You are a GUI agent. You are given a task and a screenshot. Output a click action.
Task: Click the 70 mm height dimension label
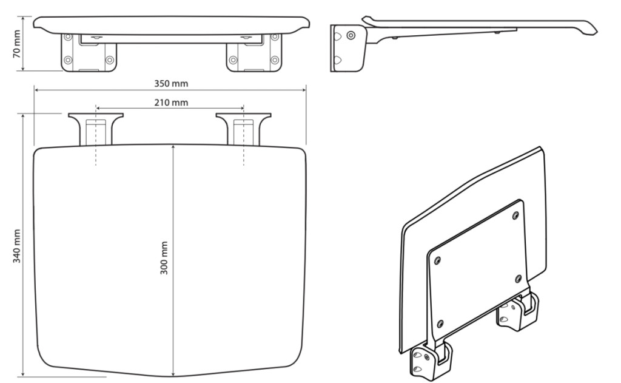click(x=16, y=44)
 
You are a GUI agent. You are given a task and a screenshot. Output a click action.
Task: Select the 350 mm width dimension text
click(x=171, y=84)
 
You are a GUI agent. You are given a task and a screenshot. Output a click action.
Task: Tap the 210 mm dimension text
click(x=171, y=103)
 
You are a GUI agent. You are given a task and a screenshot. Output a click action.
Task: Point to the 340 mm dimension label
click(x=16, y=246)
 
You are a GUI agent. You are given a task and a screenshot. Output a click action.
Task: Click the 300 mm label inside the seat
click(x=164, y=258)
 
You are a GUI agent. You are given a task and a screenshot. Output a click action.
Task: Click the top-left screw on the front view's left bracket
click(x=68, y=37)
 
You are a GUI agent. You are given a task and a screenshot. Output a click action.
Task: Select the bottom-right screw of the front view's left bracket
click(x=110, y=60)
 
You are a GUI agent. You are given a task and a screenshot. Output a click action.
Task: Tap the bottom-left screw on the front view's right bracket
click(x=233, y=60)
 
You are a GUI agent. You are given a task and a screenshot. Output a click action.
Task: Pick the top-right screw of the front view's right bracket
click(x=275, y=37)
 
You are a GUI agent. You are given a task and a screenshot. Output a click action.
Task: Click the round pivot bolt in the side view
click(x=351, y=36)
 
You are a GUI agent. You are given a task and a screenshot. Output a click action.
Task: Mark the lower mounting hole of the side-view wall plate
click(x=337, y=60)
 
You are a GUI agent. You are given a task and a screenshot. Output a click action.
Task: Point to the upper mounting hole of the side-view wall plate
click(x=337, y=36)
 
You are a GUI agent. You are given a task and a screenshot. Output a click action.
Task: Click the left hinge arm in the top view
click(x=96, y=129)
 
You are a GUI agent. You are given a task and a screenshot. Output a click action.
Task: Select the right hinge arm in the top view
click(x=244, y=129)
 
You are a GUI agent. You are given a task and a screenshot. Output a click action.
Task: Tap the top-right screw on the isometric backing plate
click(x=515, y=215)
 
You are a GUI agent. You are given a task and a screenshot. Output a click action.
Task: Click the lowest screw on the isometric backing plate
click(x=440, y=324)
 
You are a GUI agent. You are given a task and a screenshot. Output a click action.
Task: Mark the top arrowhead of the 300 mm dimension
click(x=173, y=147)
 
